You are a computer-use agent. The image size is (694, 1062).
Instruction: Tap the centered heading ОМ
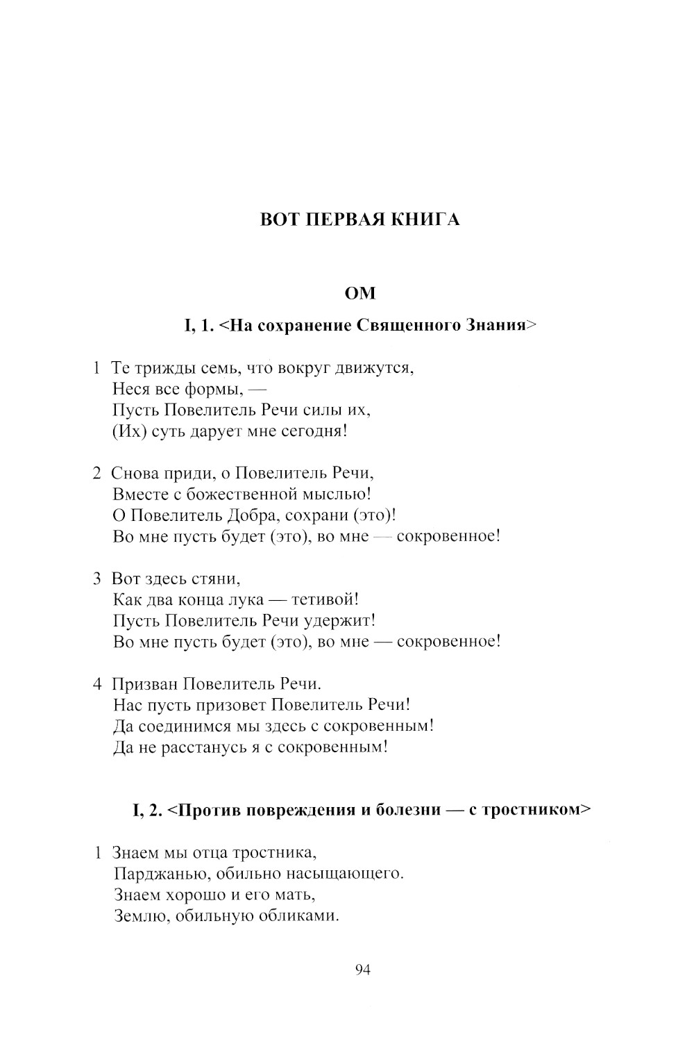click(360, 294)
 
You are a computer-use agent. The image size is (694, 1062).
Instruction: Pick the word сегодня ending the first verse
click(313, 431)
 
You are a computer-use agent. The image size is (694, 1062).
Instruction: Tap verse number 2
click(98, 474)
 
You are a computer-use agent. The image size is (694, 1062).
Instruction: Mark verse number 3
click(98, 579)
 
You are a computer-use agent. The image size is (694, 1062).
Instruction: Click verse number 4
click(98, 683)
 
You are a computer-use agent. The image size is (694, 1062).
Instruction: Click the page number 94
click(362, 970)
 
